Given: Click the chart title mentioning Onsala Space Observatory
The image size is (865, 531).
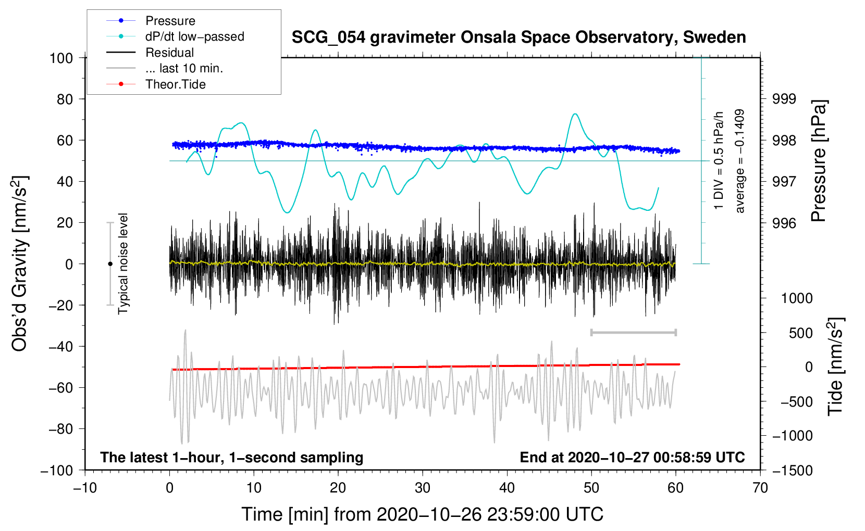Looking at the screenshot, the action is (x=518, y=37).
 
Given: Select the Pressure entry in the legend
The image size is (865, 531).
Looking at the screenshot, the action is (x=170, y=20).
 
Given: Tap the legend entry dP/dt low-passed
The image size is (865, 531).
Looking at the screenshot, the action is (x=195, y=36).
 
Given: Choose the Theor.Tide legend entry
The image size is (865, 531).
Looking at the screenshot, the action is (x=175, y=84).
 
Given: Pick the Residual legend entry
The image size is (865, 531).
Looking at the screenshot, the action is (x=169, y=53).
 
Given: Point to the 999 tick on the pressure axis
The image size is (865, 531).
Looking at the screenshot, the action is (x=784, y=99).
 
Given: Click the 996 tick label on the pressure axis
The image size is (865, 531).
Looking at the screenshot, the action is (x=784, y=223).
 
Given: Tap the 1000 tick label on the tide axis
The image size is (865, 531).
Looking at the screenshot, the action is (x=797, y=298).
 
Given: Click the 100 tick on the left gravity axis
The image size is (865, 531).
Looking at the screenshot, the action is (x=61, y=58).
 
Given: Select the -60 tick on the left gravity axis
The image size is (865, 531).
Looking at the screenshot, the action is (x=60, y=388).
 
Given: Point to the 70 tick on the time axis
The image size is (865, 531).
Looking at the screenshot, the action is (x=760, y=488).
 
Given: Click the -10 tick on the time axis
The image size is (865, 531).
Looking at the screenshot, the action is (x=85, y=488).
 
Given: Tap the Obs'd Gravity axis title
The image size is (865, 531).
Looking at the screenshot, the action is (x=19, y=263).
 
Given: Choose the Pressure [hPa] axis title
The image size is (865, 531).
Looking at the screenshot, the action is (x=818, y=161).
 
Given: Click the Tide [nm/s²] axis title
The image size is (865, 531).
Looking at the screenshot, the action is (x=836, y=366).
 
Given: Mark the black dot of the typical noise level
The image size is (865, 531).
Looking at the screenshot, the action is (x=110, y=264).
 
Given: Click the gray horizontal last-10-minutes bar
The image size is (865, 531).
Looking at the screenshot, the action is (x=633, y=333).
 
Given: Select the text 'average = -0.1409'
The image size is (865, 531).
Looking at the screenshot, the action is (x=739, y=161).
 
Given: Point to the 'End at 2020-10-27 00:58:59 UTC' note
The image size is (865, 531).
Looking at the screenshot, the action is (x=632, y=457).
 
